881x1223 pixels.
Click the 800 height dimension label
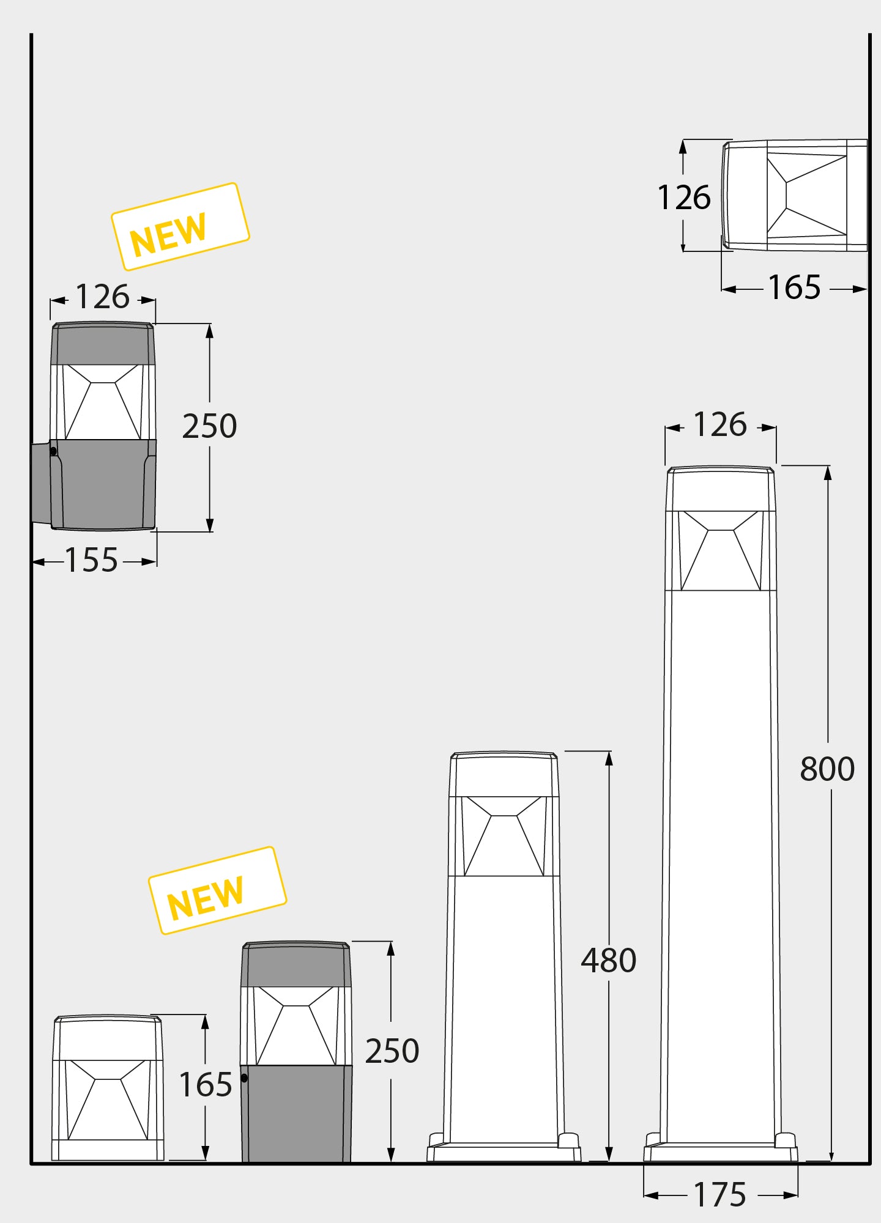[x=827, y=769]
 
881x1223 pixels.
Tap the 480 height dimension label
[x=609, y=961]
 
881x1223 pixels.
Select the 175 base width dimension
[x=720, y=1194]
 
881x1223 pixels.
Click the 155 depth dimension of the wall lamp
[x=92, y=560]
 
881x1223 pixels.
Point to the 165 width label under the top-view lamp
[x=794, y=287]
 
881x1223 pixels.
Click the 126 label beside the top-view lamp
[x=684, y=198]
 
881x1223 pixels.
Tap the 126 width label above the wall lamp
[x=102, y=298]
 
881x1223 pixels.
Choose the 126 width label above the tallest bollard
[x=720, y=425]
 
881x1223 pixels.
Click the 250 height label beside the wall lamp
[x=209, y=426]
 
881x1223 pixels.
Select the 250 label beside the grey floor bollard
[x=392, y=1051]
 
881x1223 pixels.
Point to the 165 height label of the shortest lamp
[x=206, y=1085]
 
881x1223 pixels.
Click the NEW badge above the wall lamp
[x=180, y=226]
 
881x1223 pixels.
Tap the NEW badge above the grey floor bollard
[x=217, y=890]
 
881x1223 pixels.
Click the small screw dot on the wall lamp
[x=53, y=451]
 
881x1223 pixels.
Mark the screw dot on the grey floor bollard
[x=244, y=1078]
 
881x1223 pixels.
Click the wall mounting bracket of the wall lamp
[x=40, y=483]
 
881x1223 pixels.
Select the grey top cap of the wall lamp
[x=103, y=344]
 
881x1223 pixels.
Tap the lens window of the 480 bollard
[x=504, y=836]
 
